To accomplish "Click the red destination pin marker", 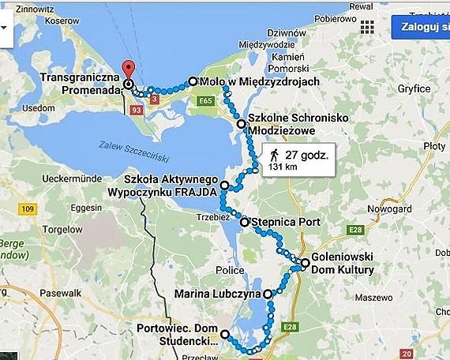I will (x=130, y=69).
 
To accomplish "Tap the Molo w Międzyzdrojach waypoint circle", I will (x=192, y=81).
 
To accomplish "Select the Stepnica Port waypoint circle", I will (x=245, y=223).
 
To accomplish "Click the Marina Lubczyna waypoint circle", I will (x=268, y=294).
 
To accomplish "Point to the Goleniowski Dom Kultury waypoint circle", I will (x=305, y=263).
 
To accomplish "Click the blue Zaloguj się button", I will (x=420, y=26).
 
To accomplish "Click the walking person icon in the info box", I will (x=274, y=153).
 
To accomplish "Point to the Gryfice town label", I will (x=414, y=89).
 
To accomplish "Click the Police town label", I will (x=230, y=270).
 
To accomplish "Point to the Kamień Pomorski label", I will (x=294, y=64).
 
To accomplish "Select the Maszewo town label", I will (x=369, y=298).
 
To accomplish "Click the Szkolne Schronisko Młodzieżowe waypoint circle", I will (x=241, y=124).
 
